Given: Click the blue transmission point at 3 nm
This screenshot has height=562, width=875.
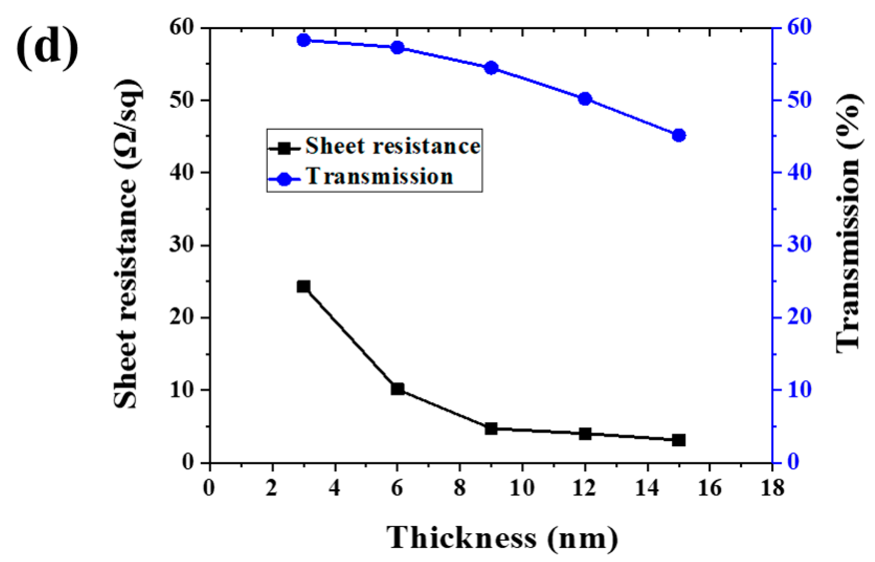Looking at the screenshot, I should tap(304, 40).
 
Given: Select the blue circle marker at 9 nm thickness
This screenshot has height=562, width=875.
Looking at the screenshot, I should tap(491, 68).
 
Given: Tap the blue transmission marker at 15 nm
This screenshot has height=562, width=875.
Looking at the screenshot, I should tap(679, 135).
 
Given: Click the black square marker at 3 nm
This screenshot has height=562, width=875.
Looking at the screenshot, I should tap(304, 287).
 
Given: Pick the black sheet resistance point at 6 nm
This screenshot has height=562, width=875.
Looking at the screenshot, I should tap(397, 389).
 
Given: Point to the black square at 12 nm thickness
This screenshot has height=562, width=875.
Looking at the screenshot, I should tap(585, 434).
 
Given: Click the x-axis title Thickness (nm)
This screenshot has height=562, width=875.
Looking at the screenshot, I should tap(502, 538).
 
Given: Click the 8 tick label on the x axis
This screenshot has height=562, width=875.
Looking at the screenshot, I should tap(460, 488).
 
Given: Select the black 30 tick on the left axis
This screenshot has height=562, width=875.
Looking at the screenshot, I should tap(182, 244).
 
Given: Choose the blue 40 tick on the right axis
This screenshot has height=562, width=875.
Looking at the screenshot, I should tap(799, 172).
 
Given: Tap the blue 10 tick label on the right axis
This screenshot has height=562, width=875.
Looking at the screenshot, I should tap(799, 390).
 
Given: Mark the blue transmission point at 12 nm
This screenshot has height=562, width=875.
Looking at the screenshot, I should tap(585, 99).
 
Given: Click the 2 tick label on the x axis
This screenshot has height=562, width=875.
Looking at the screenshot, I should tap(272, 488).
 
